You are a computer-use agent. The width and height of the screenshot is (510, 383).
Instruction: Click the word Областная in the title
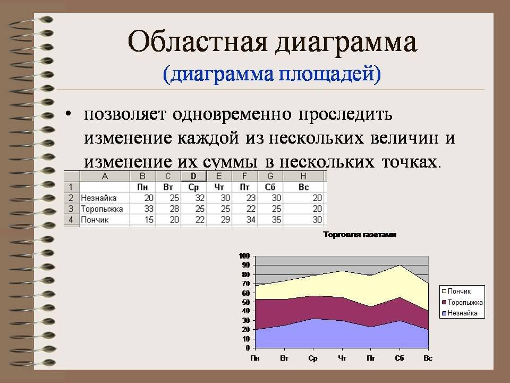pos(198,42)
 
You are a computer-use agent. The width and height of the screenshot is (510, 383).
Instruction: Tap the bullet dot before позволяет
pos(68,114)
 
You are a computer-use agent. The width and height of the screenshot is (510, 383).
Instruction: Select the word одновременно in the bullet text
pos(232,114)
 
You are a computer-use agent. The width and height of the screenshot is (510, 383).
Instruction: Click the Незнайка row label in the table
pos(99,198)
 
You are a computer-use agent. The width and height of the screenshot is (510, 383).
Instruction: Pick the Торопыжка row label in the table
pos(102,209)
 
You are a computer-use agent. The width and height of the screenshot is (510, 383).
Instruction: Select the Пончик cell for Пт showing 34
pos(251,220)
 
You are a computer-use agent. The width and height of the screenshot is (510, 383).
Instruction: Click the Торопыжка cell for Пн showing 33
pos(149,209)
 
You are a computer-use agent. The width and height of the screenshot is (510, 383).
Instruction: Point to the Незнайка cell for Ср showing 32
pos(200,198)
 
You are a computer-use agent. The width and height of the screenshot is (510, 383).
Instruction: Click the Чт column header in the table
pos(219,187)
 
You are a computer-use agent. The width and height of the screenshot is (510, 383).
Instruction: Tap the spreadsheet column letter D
pos(193,176)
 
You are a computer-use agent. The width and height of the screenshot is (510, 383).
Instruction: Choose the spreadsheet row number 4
pos(71,220)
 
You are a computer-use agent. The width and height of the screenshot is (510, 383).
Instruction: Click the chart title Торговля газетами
pos(360,235)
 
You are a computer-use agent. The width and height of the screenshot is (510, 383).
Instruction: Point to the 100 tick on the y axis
pos(244,256)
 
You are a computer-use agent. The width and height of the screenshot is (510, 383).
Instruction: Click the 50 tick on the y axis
pos(245,302)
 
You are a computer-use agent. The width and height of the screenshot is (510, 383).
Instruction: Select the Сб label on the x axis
pos(399,358)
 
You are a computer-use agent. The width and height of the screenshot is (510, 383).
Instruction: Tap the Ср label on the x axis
pos(313,358)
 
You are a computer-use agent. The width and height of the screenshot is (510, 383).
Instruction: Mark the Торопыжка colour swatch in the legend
pos(444,303)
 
